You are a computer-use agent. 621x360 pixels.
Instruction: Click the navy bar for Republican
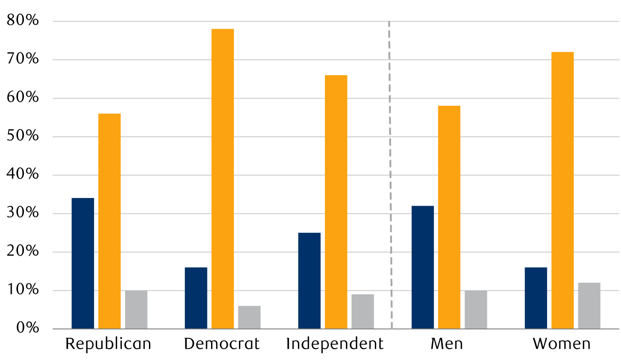click(x=83, y=264)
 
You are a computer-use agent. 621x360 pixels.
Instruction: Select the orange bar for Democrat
click(x=223, y=179)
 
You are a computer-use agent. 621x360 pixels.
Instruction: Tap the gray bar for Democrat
click(x=249, y=318)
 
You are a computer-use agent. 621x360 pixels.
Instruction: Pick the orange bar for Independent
click(x=336, y=202)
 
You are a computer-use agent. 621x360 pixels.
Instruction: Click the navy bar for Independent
click(x=310, y=281)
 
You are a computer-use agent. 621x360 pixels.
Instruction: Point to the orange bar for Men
click(x=449, y=217)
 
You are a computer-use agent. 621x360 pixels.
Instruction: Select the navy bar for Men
click(x=423, y=267)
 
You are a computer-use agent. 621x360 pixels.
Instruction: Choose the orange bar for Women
click(x=562, y=190)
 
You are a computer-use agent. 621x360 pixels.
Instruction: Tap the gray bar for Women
click(x=589, y=306)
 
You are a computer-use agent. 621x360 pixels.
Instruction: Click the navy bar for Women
click(x=536, y=298)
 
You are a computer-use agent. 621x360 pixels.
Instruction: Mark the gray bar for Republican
click(x=136, y=310)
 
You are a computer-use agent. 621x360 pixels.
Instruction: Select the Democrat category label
click(x=222, y=344)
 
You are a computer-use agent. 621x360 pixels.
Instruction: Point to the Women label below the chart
click(x=562, y=344)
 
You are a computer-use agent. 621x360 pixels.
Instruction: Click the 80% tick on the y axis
click(x=23, y=20)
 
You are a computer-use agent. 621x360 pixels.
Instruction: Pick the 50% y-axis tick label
click(x=23, y=136)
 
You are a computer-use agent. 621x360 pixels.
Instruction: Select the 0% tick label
click(x=27, y=328)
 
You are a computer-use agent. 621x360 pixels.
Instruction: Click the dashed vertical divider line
click(x=390, y=175)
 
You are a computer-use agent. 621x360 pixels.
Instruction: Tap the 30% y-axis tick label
click(x=23, y=213)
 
